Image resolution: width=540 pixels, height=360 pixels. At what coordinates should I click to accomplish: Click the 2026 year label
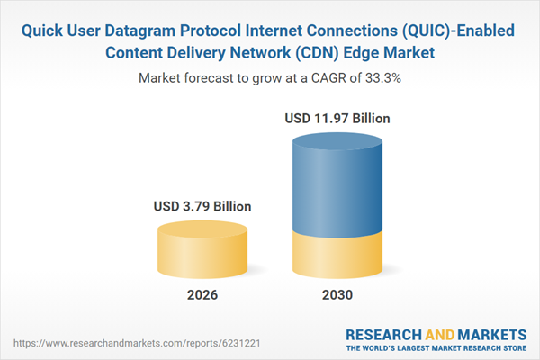pos(202,295)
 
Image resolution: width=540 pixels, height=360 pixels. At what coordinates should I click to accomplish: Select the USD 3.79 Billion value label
pos(202,206)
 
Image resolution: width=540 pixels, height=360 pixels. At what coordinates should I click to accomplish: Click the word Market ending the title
pos(408,54)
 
